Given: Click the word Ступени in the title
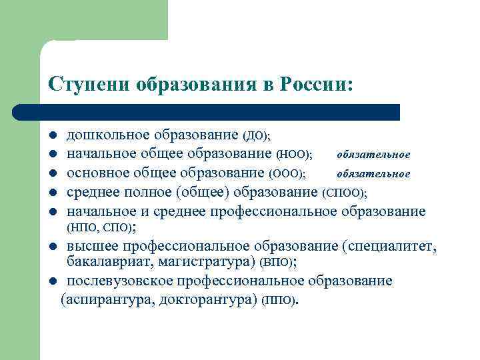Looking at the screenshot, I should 89,85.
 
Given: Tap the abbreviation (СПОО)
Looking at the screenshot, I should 345,193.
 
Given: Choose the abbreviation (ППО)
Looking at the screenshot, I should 280,300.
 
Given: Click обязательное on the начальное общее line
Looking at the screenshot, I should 373,155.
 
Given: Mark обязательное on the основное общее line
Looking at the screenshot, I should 373,174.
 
